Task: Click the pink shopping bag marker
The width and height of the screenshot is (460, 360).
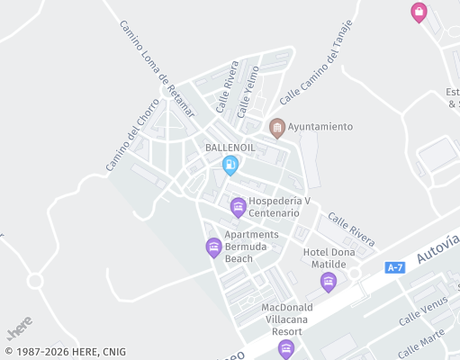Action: [x=419, y=12]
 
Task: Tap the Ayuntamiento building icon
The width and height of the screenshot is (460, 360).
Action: [x=277, y=127]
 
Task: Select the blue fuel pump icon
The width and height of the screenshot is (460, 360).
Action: [x=230, y=164]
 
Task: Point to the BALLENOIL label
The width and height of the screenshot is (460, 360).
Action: [x=230, y=147]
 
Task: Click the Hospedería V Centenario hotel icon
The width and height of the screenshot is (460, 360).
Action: [x=238, y=207]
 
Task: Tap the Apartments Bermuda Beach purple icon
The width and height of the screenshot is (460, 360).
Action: [x=213, y=247]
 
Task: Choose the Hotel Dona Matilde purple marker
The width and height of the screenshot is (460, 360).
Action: [x=329, y=282]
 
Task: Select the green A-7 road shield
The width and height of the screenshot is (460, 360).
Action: [x=395, y=267]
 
